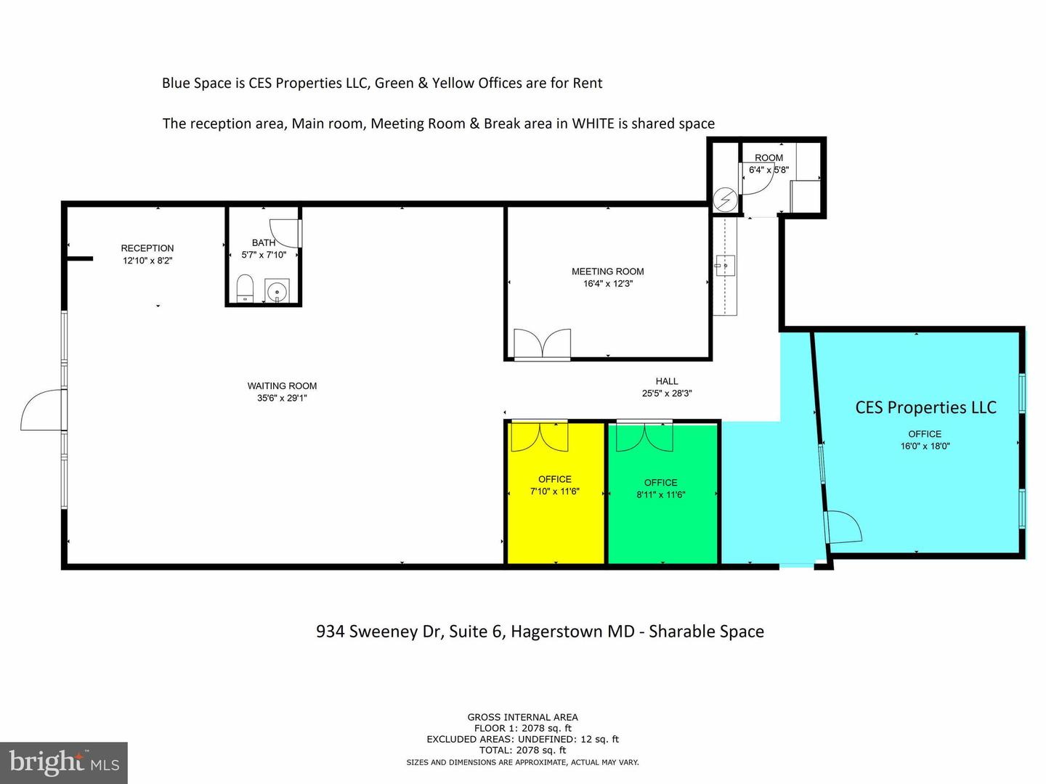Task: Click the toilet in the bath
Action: [x=245, y=287]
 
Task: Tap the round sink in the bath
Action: [x=277, y=290]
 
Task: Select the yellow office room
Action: [x=555, y=493]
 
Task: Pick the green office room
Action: [x=662, y=493]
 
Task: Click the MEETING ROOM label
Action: [x=607, y=271]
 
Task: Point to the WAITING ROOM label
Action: [x=282, y=385]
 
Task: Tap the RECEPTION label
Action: [x=147, y=248]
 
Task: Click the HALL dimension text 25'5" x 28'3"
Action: [x=667, y=393]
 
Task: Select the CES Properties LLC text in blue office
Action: [x=925, y=407]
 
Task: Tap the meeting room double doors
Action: [x=543, y=343]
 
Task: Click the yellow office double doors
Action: [x=540, y=436]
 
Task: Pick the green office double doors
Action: [x=644, y=436]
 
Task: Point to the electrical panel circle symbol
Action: [x=725, y=200]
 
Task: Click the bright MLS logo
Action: [x=64, y=762]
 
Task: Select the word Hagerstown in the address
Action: [x=573, y=632]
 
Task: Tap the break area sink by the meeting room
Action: [x=725, y=266]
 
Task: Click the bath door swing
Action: [x=285, y=233]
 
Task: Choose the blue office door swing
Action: [x=844, y=526]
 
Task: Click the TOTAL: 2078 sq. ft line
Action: [x=522, y=751]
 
